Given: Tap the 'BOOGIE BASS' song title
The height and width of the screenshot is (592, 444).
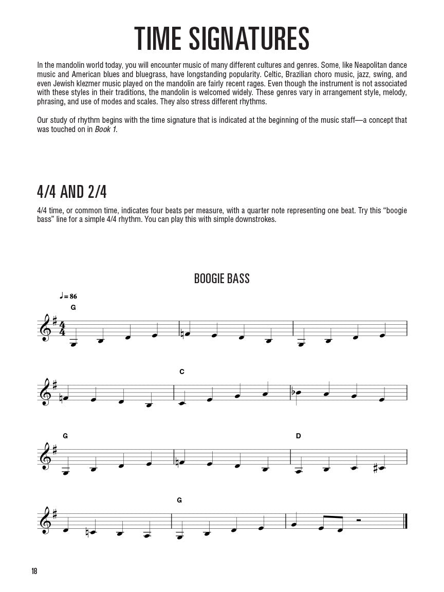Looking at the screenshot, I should point(221,279).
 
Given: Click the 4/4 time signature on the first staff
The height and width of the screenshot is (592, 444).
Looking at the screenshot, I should point(63,328).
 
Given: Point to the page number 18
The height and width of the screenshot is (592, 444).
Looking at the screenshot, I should point(34,571).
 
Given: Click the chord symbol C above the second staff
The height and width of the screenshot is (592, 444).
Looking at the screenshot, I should point(182,372).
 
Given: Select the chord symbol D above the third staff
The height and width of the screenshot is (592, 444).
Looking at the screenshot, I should point(298,436).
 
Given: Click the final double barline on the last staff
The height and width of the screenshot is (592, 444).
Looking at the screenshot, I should point(406,521).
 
